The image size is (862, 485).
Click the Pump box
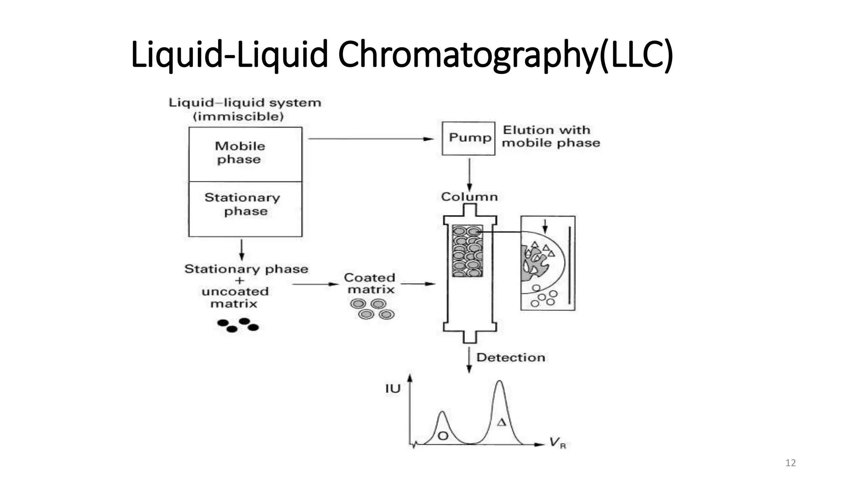coord(468,138)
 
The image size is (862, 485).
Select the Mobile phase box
coord(245,154)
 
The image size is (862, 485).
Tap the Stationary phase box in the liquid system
coord(245,209)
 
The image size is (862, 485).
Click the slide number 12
coord(790,463)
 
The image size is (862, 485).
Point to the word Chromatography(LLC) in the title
coord(505,55)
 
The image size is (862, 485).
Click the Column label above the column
coord(469,197)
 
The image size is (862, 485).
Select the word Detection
coord(511,357)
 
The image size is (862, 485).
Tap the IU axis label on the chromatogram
coord(392,389)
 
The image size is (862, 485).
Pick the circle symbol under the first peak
coord(443,436)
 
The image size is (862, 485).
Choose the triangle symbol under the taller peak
coord(501,422)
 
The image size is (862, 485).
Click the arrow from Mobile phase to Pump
coord(370,139)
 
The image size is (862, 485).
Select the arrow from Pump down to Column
coord(469,175)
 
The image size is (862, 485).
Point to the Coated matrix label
coord(370,283)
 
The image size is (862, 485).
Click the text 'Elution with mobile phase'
coord(551,136)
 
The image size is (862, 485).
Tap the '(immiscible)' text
coord(238,116)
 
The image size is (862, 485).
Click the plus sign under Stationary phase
coord(239,280)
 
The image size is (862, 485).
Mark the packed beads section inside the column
coord(467,251)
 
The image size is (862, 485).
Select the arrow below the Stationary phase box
coord(242,250)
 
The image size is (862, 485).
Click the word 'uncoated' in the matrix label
coord(235,291)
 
